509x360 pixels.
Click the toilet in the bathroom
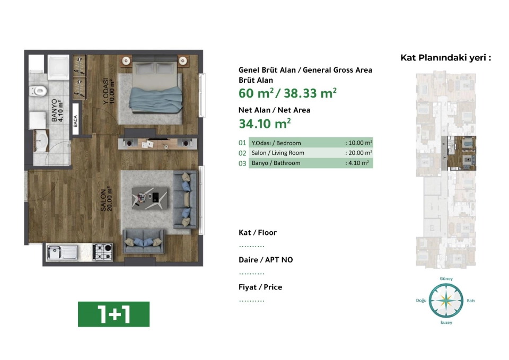(x=38, y=91)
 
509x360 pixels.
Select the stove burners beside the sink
(x=102, y=252)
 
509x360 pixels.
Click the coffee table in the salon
(x=150, y=198)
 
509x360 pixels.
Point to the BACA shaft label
(x=75, y=121)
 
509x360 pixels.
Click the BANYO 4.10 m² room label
(x=57, y=111)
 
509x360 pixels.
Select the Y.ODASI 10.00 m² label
(x=109, y=92)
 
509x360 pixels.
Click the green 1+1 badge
(x=113, y=314)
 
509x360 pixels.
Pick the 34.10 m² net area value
(x=265, y=124)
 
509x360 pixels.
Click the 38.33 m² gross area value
(x=310, y=93)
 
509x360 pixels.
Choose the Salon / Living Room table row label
(x=278, y=153)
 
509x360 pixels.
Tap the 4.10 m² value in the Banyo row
(x=358, y=163)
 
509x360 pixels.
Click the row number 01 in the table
(x=242, y=143)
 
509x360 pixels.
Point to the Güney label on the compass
(x=446, y=278)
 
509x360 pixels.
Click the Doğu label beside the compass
(x=421, y=301)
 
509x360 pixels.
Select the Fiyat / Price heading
(x=260, y=287)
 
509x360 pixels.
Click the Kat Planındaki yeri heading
(x=446, y=58)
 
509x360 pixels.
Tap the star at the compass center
(x=446, y=301)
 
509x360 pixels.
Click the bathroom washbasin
(x=41, y=141)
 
